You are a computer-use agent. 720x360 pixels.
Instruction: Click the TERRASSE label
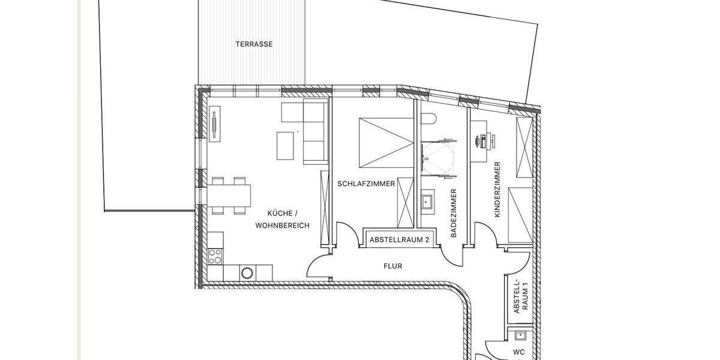click(254, 44)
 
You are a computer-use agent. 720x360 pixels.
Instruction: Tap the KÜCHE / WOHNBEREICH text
click(282, 220)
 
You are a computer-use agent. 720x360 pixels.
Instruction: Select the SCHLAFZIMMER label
click(366, 184)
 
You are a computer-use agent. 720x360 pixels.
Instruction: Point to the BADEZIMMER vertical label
click(454, 214)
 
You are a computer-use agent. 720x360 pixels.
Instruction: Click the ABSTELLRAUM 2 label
click(400, 239)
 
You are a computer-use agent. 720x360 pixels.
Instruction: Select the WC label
click(518, 353)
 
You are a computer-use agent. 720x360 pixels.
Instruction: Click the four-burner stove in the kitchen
click(214, 256)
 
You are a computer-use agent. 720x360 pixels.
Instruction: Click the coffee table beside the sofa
click(286, 146)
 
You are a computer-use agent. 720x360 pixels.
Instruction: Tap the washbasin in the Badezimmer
click(428, 202)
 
